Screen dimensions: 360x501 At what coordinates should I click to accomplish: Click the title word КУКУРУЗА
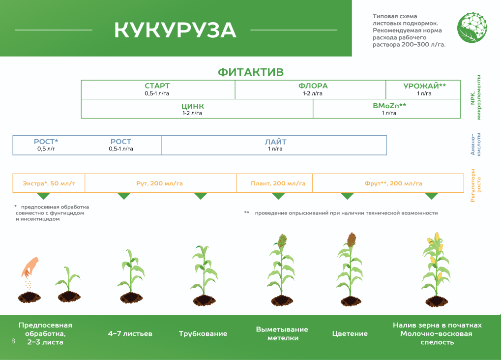176,30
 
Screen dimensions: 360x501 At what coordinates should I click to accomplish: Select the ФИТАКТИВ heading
251,72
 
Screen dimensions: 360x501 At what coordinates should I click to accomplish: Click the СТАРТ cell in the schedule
157,89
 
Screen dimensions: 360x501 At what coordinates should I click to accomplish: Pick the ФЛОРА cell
313,89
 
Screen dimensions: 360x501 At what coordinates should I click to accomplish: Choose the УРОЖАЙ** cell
424,89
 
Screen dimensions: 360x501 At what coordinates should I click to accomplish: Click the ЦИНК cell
192,109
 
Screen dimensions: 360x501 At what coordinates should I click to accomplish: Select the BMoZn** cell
389,109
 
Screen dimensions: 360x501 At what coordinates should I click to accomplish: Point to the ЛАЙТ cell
275,145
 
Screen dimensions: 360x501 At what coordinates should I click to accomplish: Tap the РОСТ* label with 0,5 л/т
46,145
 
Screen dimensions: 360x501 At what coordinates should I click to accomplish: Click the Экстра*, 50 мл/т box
49,183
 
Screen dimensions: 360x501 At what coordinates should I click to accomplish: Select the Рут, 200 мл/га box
160,183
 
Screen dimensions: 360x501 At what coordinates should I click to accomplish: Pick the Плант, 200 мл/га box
274,183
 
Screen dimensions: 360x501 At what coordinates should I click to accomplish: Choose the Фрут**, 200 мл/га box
393,183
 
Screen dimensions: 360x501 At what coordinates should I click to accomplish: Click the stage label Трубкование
203,334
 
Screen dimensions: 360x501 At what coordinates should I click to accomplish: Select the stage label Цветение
350,334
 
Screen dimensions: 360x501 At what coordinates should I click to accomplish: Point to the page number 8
13,341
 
